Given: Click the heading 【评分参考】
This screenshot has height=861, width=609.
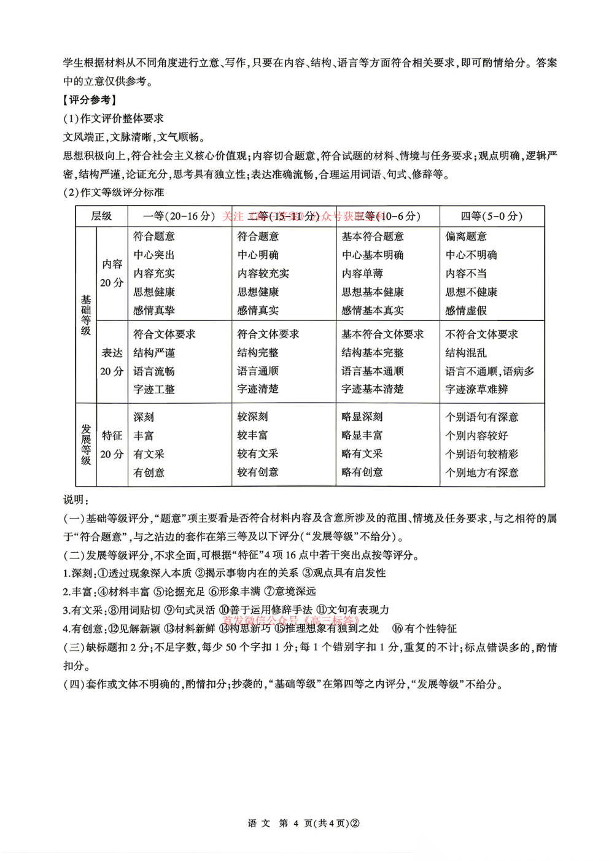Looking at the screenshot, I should click(90, 100).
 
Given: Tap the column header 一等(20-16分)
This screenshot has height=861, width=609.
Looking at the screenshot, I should click(179, 216).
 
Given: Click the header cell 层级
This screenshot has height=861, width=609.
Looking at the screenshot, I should click(101, 216).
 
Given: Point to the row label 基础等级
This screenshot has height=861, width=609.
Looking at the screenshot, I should click(86, 315).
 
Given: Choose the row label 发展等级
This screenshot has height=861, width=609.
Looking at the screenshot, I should click(86, 444).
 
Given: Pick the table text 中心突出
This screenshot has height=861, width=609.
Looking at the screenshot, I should click(154, 255).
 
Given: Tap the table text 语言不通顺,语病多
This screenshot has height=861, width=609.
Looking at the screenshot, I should click(489, 371).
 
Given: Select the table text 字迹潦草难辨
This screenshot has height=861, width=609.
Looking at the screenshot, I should click(476, 389).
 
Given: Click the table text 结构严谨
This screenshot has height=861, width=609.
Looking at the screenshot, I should click(154, 353).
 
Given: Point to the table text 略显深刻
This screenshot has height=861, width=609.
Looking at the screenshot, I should click(362, 417).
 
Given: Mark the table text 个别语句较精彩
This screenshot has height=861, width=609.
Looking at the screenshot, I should click(481, 454).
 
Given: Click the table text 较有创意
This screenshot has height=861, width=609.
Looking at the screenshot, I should click(258, 472).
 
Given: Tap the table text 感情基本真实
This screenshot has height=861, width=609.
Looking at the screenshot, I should click(372, 311).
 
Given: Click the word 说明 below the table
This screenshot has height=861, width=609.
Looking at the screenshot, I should click(76, 500).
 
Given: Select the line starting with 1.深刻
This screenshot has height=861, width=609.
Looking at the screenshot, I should click(224, 573).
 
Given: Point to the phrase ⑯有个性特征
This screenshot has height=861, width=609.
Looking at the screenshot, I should click(424, 628).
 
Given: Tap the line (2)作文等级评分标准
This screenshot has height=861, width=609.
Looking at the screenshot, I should click(114, 192).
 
